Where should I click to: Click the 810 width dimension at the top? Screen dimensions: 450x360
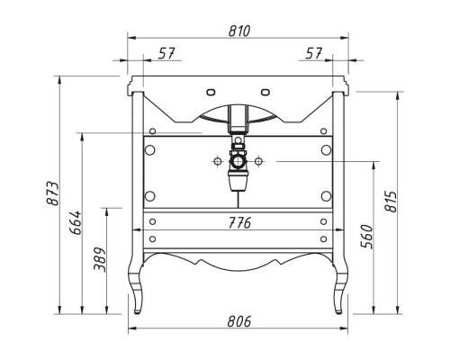[239, 31]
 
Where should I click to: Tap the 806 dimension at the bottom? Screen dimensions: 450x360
[239, 321]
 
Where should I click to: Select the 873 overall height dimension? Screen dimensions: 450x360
[53, 193]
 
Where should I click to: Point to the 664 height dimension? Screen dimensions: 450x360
[76, 222]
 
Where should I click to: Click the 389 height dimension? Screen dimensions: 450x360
[100, 259]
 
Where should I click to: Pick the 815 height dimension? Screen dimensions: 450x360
[391, 201]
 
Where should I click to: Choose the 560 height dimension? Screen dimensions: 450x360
[366, 237]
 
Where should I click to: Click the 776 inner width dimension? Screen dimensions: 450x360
[239, 222]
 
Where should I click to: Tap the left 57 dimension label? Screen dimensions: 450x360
[166, 53]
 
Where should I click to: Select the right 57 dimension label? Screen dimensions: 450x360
[314, 53]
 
